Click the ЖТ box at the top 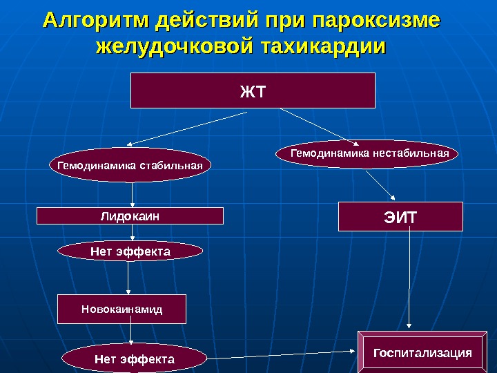click(x=253, y=90)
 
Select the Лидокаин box click(x=130, y=216)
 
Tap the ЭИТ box click(x=400, y=216)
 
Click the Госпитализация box click(x=422, y=353)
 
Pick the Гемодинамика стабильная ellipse click(x=130, y=166)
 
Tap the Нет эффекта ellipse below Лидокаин click(x=130, y=253)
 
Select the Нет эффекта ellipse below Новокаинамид click(x=135, y=359)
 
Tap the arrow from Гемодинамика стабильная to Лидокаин click(x=131, y=194)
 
